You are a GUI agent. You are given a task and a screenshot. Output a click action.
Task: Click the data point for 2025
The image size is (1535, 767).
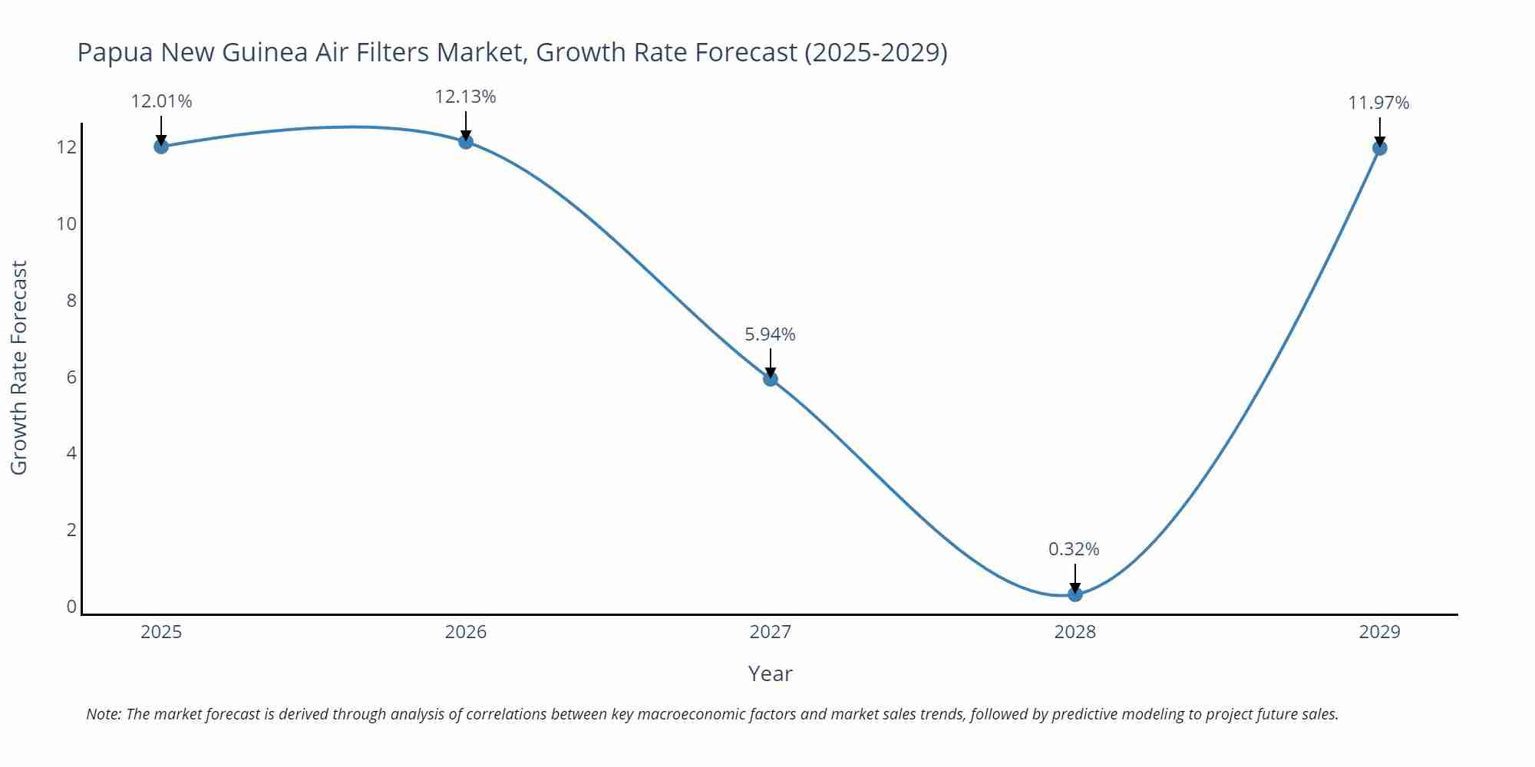point(161,146)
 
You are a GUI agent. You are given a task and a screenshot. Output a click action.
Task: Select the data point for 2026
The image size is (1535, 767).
point(466,141)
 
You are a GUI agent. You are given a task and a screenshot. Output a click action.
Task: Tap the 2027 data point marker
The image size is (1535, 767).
point(771,378)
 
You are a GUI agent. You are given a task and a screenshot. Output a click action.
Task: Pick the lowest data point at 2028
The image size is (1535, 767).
point(1075,594)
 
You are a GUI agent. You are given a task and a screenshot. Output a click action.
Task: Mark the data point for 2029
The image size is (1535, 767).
point(1379,147)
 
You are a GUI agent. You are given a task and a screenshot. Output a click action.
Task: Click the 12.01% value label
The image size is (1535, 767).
point(161,101)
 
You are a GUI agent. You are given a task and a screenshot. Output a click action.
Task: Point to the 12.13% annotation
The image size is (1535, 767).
point(465,97)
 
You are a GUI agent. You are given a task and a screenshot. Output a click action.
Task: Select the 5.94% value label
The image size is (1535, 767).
point(770,334)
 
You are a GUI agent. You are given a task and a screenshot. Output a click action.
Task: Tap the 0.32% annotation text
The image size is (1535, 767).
point(1074,549)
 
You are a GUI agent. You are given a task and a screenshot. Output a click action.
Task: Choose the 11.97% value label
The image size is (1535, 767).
point(1378,103)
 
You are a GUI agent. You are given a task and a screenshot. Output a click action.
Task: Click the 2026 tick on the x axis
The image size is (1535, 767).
point(466,632)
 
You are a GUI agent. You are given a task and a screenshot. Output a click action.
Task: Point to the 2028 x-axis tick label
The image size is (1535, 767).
point(1074,632)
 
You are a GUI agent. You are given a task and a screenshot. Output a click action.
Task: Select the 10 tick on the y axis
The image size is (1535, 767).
point(67,224)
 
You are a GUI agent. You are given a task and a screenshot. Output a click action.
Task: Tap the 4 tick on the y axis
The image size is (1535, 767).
point(71,453)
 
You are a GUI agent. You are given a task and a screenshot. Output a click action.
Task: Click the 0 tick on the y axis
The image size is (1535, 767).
point(71,607)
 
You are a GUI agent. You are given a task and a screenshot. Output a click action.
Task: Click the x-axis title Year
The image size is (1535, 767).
point(770,673)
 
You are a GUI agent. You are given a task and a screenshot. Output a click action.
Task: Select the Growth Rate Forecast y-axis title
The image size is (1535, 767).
point(18,367)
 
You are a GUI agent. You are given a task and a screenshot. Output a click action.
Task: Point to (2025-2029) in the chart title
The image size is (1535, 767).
point(876,52)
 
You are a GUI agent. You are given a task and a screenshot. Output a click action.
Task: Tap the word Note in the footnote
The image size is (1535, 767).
point(103,714)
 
